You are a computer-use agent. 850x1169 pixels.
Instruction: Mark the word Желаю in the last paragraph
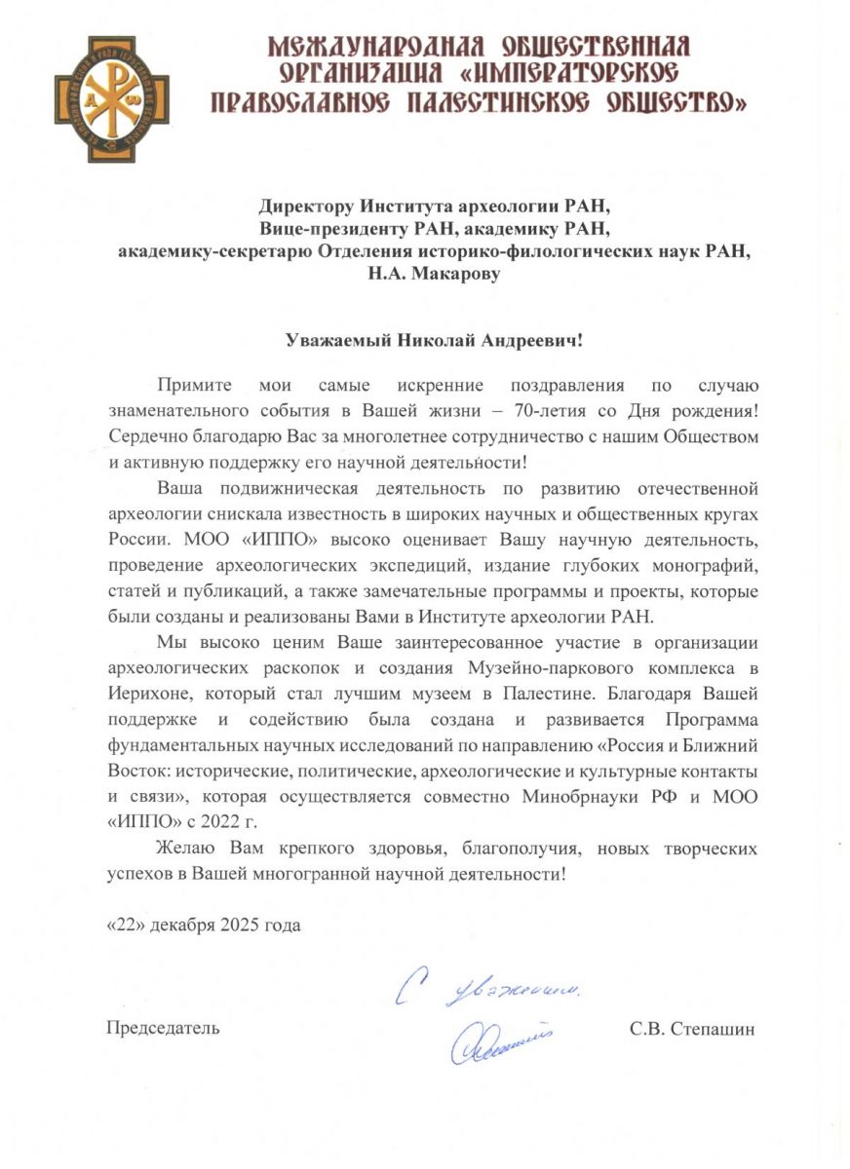[187, 848]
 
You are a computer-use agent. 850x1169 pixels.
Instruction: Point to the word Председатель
[162, 1028]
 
